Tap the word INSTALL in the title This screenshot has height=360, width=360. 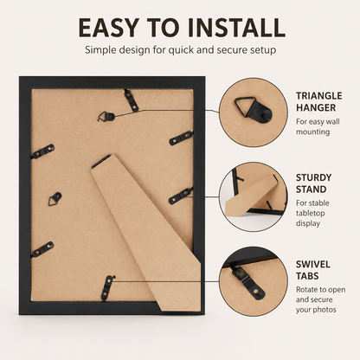click(x=236, y=28)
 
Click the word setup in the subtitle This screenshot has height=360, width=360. click(x=262, y=50)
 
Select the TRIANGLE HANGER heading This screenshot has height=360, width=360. click(x=319, y=102)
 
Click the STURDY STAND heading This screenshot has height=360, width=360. click(x=313, y=183)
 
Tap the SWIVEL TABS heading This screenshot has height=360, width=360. click(x=313, y=270)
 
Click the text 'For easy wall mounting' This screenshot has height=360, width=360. click(x=318, y=126)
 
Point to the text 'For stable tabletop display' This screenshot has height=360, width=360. click(x=312, y=213)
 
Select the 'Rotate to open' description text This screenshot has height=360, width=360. click(x=320, y=290)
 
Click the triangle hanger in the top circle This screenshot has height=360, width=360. click(x=254, y=109)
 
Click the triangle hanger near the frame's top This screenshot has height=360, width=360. click(x=106, y=117)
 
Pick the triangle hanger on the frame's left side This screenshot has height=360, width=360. click(x=55, y=199)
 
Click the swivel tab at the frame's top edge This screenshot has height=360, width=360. click(x=132, y=100)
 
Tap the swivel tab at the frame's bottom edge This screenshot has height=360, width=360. click(x=107, y=288)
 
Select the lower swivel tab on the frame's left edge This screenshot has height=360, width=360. click(x=42, y=249)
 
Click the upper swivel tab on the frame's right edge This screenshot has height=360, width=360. click(x=181, y=138)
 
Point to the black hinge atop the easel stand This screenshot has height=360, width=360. click(x=101, y=161)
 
